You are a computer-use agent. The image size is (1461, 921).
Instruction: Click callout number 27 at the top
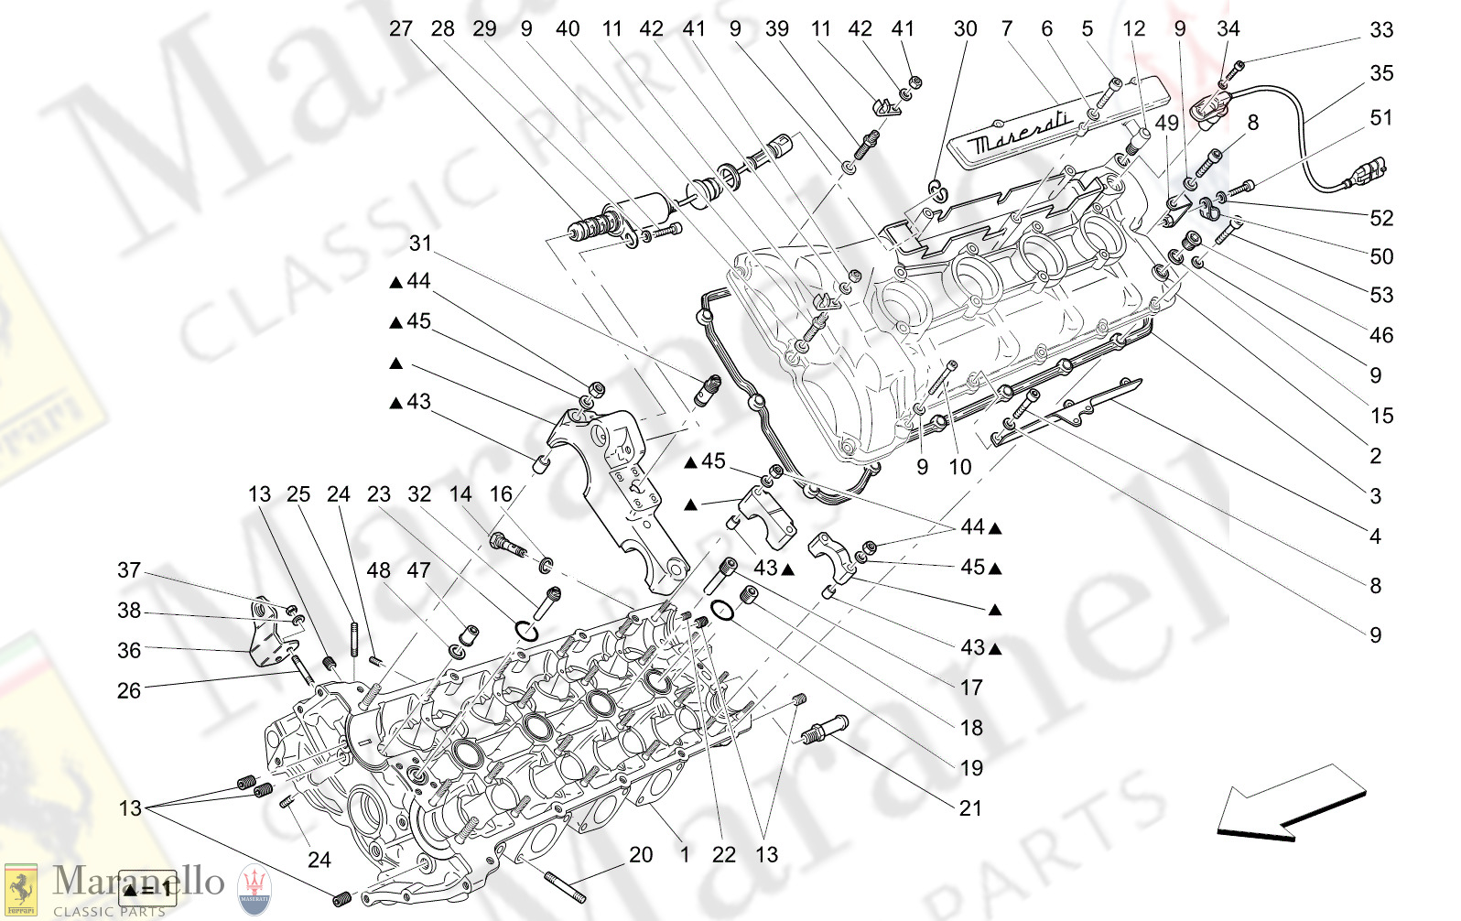pyautogui.click(x=400, y=28)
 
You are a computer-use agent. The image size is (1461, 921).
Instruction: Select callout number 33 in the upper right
pyautogui.click(x=1380, y=30)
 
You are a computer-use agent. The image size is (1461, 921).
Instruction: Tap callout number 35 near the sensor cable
pyautogui.click(x=1380, y=73)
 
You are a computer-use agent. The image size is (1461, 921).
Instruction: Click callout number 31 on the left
pyautogui.click(x=420, y=243)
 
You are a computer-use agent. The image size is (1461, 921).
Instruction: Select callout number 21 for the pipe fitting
pyautogui.click(x=970, y=808)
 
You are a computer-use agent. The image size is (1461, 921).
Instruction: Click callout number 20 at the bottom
pyautogui.click(x=641, y=854)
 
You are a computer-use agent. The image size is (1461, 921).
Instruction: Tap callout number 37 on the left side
pyautogui.click(x=129, y=570)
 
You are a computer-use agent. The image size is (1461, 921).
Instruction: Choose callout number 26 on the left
pyautogui.click(x=129, y=690)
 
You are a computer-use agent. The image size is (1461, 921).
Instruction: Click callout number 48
pyautogui.click(x=378, y=570)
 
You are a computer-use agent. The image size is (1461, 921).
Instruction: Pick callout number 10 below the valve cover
pyautogui.click(x=959, y=467)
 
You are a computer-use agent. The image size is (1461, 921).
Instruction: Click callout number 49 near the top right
pyautogui.click(x=1166, y=123)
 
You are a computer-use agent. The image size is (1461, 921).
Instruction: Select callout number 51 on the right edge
pyautogui.click(x=1380, y=118)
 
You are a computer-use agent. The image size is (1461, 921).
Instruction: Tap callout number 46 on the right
pyautogui.click(x=1380, y=335)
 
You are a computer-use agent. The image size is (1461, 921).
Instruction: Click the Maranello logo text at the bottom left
pyautogui.click(x=137, y=882)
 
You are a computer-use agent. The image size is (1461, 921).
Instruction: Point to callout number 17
pyautogui.click(x=970, y=688)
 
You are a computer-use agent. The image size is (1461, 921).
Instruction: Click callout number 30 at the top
pyautogui.click(x=965, y=28)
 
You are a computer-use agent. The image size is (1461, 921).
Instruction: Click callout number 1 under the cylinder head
pyautogui.click(x=684, y=854)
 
